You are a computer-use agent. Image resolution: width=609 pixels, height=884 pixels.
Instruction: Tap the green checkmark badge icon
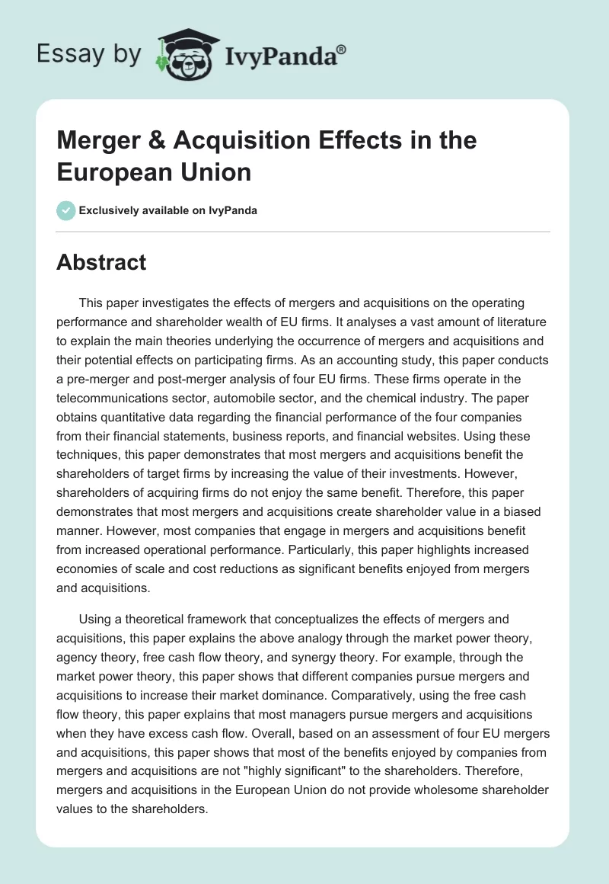[x=66, y=210]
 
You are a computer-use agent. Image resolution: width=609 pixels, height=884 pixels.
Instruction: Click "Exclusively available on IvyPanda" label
[x=169, y=210]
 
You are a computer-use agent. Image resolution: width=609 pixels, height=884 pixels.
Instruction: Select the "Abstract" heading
[x=101, y=262]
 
